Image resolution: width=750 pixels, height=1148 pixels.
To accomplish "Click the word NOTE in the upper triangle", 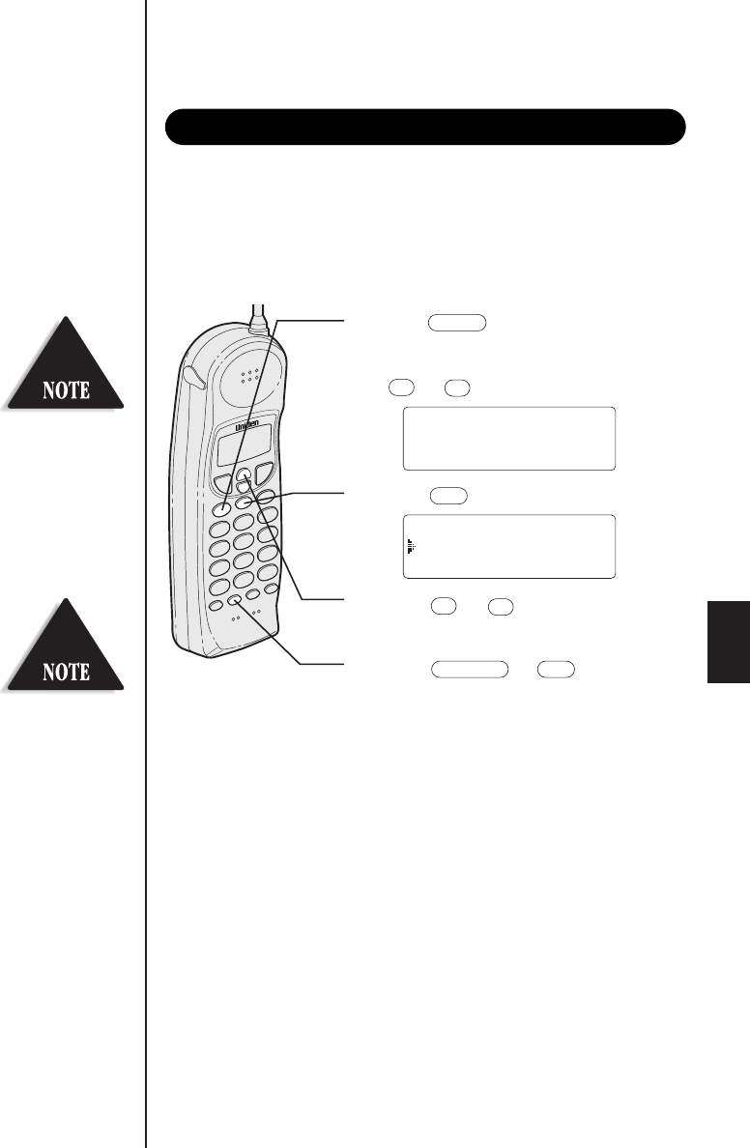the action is click(x=67, y=391).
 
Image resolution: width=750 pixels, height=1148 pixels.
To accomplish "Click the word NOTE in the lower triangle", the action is click(x=67, y=671).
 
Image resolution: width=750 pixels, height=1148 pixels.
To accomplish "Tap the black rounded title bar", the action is click(x=425, y=126).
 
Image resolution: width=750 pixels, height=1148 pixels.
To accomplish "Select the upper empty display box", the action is click(x=508, y=438).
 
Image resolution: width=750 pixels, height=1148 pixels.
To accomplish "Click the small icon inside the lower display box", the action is click(x=411, y=546).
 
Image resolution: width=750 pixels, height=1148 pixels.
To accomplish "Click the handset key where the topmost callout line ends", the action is click(x=222, y=508).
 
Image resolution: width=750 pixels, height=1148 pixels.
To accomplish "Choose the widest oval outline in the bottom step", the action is click(x=470, y=667).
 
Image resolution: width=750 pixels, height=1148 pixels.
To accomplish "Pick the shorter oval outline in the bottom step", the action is click(x=556, y=667).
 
